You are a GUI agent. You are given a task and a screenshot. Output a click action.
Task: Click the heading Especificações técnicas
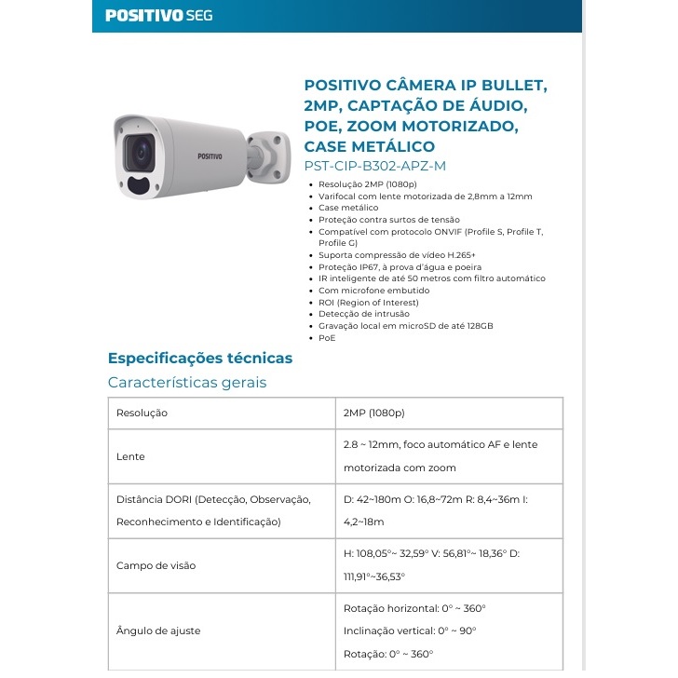(200, 359)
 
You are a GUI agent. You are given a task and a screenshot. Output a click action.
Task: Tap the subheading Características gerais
(187, 383)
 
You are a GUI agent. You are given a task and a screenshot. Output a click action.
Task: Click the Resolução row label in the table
(142, 413)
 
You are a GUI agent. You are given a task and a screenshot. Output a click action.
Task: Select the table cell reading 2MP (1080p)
(374, 413)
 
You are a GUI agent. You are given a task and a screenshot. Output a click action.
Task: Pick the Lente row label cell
(130, 457)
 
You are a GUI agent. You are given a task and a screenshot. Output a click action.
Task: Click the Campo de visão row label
(156, 565)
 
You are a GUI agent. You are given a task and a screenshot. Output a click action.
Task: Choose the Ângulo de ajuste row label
(158, 631)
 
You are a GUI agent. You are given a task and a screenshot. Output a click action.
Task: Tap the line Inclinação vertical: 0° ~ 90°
(410, 631)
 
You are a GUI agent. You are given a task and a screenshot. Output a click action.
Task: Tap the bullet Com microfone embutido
(369, 290)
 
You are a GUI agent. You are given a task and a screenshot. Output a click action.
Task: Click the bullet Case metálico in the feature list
(348, 208)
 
